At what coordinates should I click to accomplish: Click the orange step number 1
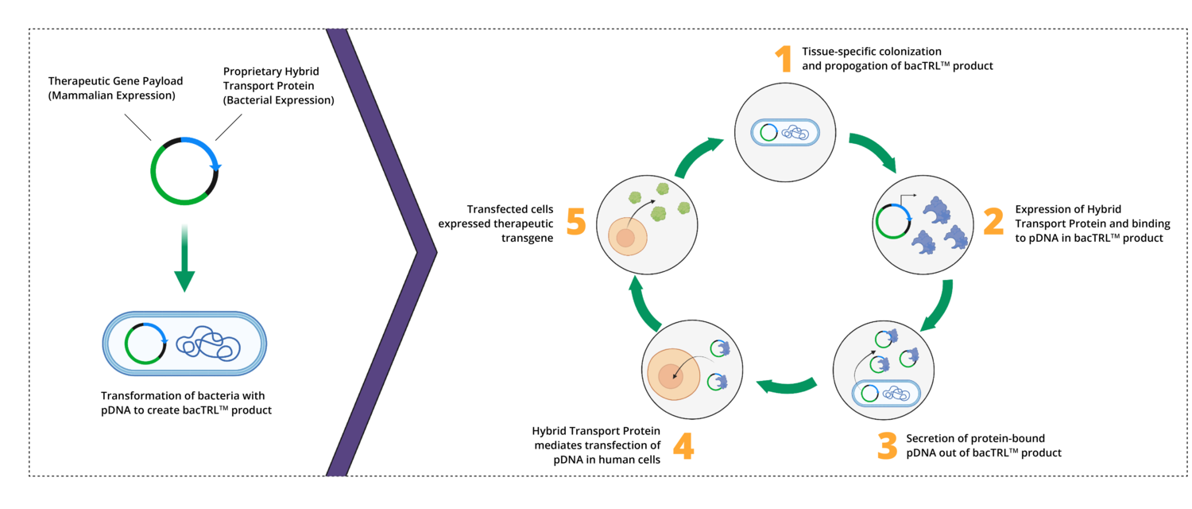(x=784, y=59)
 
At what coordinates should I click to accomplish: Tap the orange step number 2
(x=993, y=221)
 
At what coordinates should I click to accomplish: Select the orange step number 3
(x=887, y=446)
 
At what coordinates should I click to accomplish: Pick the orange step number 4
(x=683, y=446)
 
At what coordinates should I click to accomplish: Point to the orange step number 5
(x=576, y=221)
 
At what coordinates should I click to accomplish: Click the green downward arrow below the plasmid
(x=184, y=258)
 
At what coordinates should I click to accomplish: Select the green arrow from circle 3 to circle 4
(x=787, y=385)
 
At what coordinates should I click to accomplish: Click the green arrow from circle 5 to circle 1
(x=697, y=157)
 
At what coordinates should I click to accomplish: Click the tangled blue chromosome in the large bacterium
(x=208, y=344)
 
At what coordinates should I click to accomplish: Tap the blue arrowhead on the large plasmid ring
(x=215, y=168)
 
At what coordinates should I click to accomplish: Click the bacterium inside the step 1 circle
(x=785, y=132)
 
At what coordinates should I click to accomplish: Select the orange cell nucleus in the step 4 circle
(x=671, y=376)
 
